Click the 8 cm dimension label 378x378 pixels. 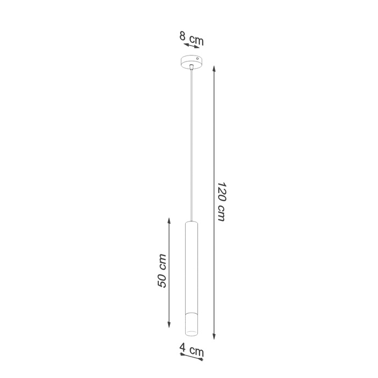(x=191, y=38)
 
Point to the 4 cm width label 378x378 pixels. (x=192, y=348)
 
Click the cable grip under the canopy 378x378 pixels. (x=191, y=66)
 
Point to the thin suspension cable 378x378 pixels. (x=191, y=143)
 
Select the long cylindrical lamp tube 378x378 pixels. (x=191, y=264)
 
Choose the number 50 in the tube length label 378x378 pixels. (x=162, y=279)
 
